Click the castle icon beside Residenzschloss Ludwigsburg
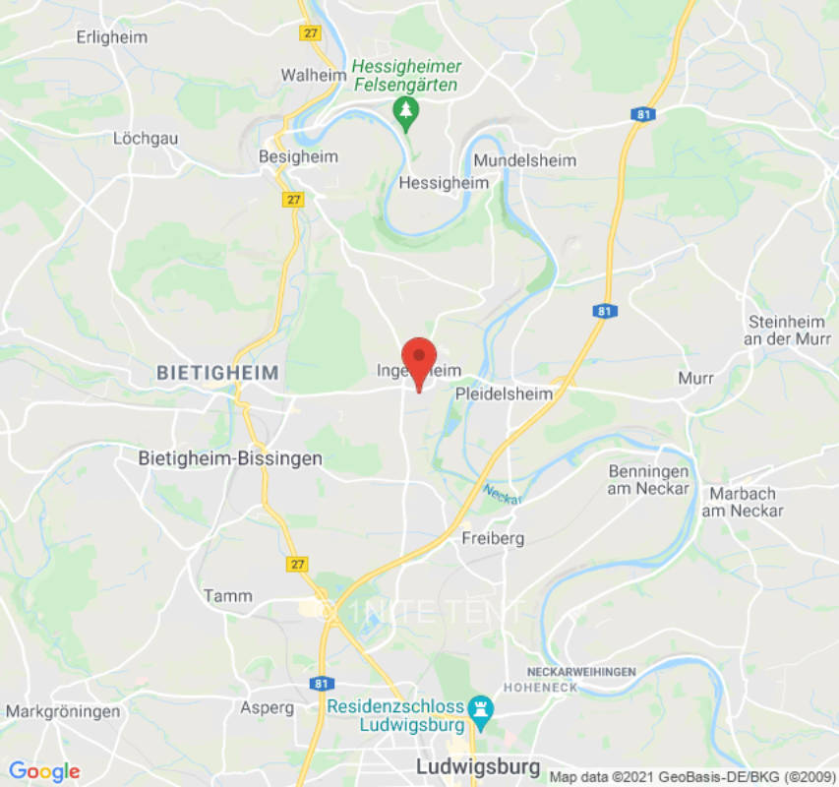(x=480, y=707)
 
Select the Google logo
(x=44, y=770)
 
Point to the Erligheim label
(x=112, y=37)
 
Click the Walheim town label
(x=311, y=75)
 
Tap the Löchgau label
(x=146, y=139)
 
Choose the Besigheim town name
(x=298, y=157)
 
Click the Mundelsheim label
(x=525, y=160)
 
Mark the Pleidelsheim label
(x=505, y=393)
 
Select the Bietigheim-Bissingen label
(x=216, y=458)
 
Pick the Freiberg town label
(x=493, y=538)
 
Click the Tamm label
(x=227, y=595)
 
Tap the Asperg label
(x=268, y=707)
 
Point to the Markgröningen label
(x=63, y=710)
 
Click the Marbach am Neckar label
(x=743, y=502)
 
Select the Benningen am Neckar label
(x=648, y=478)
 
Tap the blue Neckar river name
(x=503, y=493)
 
